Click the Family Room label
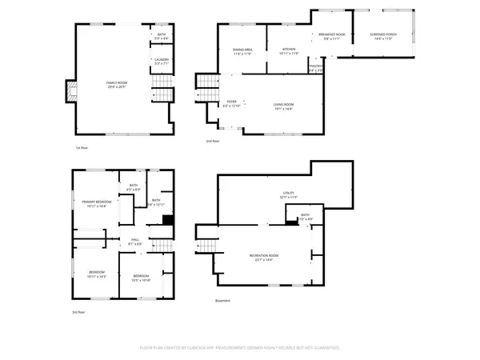click(118, 84)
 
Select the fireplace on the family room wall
click(69, 93)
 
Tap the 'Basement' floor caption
click(223, 301)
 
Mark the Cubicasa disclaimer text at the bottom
click(240, 348)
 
